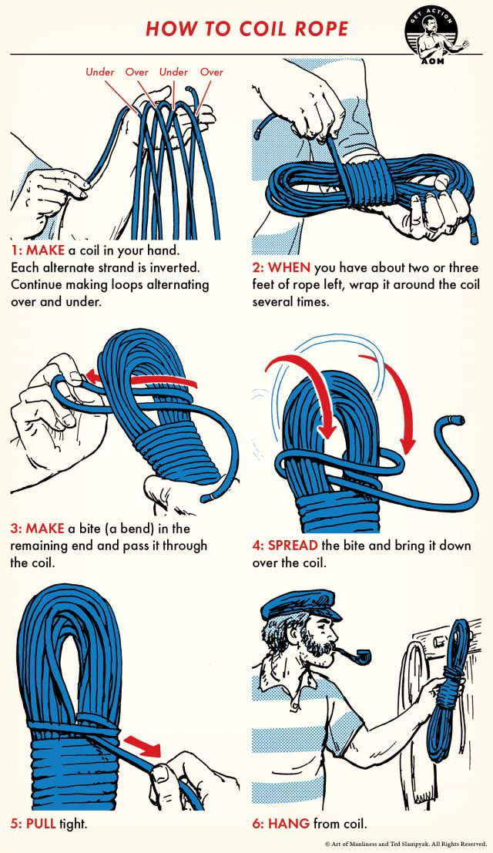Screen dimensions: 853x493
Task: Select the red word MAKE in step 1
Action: coord(49,251)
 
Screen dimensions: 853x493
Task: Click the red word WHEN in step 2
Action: coord(290,268)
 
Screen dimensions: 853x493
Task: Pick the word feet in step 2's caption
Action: coord(267,285)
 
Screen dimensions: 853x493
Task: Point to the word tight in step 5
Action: coord(75,824)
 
